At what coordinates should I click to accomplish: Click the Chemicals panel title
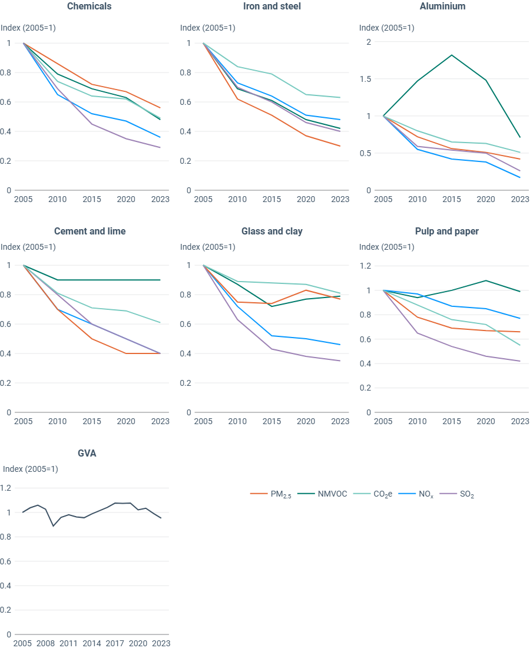point(90,6)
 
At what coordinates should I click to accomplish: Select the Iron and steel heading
point(271,6)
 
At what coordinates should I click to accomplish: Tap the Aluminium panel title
point(442,6)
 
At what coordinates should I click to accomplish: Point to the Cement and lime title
point(90,232)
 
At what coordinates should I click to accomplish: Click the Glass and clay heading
point(271,232)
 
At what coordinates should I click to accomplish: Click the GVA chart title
point(88,454)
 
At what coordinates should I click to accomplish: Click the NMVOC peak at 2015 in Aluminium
point(451,55)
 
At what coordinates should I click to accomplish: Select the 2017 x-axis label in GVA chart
point(115,644)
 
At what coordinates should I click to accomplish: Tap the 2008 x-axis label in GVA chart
point(45,644)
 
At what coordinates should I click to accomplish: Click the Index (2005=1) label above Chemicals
point(28,28)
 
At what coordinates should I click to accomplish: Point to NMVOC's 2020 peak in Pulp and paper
point(486,280)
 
